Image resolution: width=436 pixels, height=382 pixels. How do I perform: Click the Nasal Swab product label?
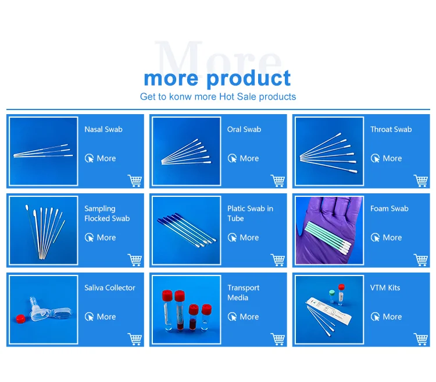[x=103, y=129]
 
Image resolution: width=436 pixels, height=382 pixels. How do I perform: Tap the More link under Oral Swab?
[x=244, y=158]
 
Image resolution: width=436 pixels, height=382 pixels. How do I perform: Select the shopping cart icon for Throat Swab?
[x=420, y=181]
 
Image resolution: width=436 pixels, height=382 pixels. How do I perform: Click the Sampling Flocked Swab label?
[x=107, y=214]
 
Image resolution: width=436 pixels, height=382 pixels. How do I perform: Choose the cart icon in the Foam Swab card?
[x=420, y=260]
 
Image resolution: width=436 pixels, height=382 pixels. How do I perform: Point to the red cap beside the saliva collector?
[x=21, y=318]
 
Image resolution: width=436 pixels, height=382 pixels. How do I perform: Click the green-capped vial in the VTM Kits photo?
[x=332, y=296]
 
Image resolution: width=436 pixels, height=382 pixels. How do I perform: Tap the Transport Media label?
[x=244, y=292]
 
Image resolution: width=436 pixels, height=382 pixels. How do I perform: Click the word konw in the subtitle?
[x=180, y=97]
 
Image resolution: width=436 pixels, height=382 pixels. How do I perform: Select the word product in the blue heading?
[x=249, y=79]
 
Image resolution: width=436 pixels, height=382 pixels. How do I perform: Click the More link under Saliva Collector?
[x=101, y=317]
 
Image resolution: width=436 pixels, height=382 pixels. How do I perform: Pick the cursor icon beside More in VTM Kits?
[x=375, y=317]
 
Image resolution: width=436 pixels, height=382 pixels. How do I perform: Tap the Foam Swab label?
[x=389, y=208]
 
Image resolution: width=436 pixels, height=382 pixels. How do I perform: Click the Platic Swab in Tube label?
[x=250, y=214]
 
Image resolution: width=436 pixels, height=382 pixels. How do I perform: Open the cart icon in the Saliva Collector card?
[x=135, y=339]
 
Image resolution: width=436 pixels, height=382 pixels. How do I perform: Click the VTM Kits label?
[x=385, y=288]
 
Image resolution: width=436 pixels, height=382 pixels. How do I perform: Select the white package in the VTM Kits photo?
[x=328, y=311]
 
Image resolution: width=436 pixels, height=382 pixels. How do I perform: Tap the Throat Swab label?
[x=391, y=129]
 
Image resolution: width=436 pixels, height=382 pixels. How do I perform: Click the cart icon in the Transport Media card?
[x=277, y=339]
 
